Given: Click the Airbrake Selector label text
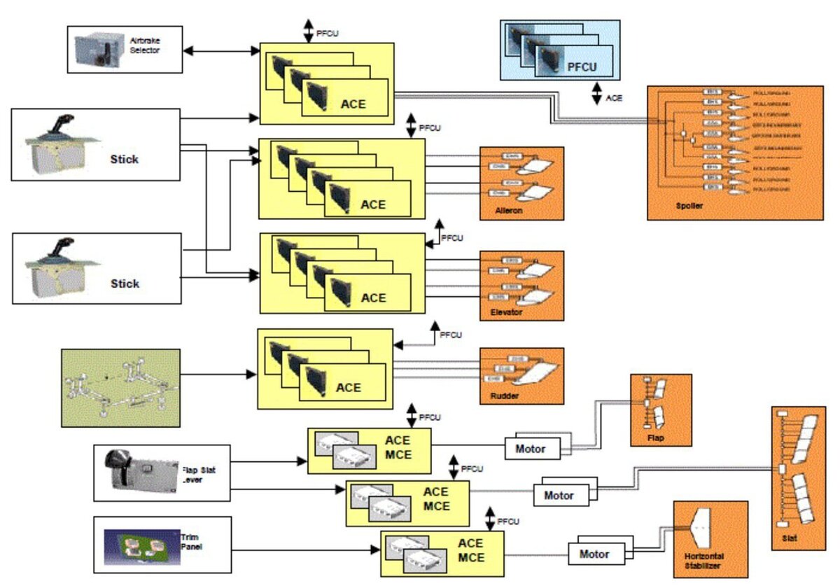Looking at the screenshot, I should [x=145, y=46].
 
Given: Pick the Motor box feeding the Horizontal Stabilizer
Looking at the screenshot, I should [x=594, y=554].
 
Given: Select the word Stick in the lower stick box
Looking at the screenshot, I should [x=125, y=284].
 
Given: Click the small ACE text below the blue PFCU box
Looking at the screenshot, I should [x=613, y=98].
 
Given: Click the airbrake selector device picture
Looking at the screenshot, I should [x=98, y=48].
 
